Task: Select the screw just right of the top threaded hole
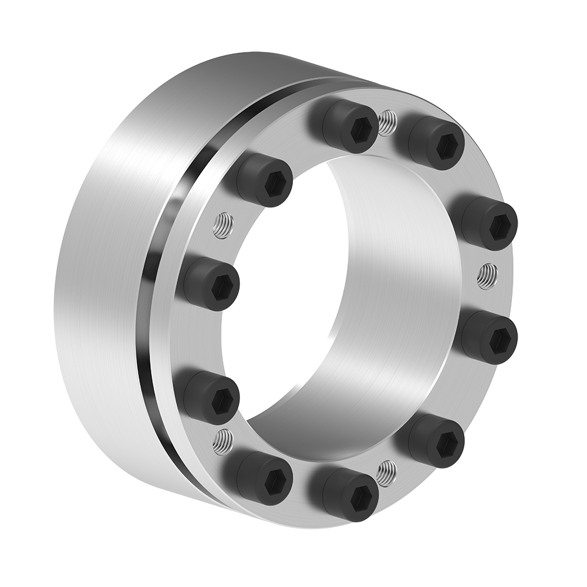(x=436, y=143)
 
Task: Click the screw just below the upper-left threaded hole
(x=211, y=284)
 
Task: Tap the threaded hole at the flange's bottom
(x=386, y=472)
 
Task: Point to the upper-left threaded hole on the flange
(x=222, y=225)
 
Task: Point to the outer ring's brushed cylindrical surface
(x=100, y=282)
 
